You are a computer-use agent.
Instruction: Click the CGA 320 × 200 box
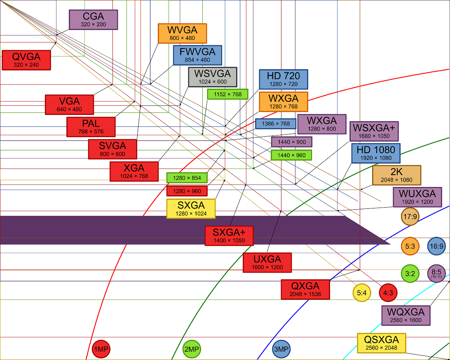(94, 20)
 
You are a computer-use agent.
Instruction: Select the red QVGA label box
(26, 60)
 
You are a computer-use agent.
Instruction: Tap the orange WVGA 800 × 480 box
(182, 33)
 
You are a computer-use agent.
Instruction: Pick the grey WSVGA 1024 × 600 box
(213, 77)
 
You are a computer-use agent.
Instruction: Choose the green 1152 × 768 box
(227, 94)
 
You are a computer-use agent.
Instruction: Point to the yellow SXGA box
(191, 208)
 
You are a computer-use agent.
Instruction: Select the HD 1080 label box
(376, 153)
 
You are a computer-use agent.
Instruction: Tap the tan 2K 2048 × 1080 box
(396, 175)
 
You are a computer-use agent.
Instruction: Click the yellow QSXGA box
(381, 343)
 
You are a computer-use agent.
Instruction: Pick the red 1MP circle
(101, 350)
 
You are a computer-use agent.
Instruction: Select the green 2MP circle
(192, 350)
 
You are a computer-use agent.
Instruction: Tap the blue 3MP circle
(281, 350)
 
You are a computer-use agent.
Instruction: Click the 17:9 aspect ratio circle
(410, 217)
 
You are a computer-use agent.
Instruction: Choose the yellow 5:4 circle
(362, 293)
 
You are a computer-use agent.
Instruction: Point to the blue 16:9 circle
(436, 246)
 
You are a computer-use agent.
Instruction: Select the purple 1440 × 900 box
(291, 142)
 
